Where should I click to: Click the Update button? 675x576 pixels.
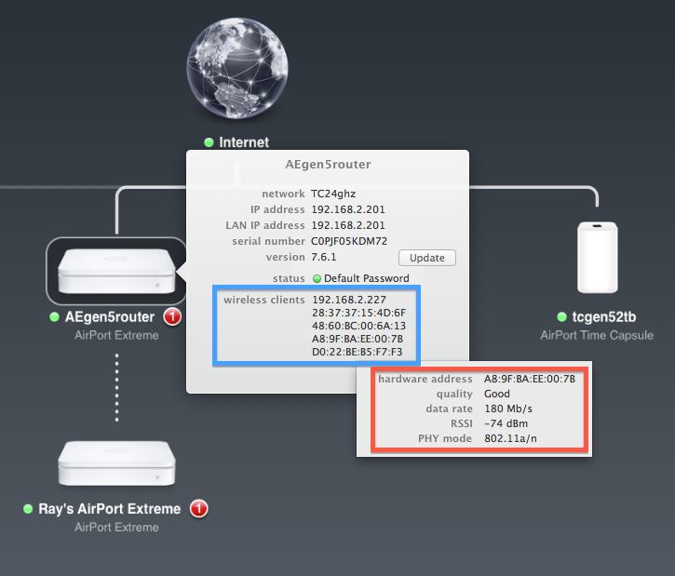[x=427, y=258]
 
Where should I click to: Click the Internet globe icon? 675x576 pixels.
[x=236, y=70]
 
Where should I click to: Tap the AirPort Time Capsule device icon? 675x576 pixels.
[x=597, y=258]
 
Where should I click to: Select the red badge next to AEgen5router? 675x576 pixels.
[x=172, y=317]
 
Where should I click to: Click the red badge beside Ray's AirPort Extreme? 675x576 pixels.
[x=198, y=509]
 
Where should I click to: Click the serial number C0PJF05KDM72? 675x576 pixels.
[x=349, y=241]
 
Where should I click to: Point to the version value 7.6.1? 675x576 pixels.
[x=324, y=257]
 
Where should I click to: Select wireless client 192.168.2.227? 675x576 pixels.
[x=348, y=300]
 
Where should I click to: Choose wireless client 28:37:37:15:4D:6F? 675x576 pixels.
[x=358, y=313]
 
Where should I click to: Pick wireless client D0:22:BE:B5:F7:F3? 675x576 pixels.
[x=358, y=353]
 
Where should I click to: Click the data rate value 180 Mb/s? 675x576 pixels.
[x=508, y=409]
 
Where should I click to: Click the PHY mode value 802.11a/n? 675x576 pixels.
[x=510, y=438]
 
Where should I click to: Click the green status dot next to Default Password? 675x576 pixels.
[x=317, y=278]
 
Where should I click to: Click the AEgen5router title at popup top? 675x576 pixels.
[x=328, y=165]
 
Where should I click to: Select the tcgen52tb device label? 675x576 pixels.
[x=603, y=317]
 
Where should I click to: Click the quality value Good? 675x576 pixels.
[x=497, y=394]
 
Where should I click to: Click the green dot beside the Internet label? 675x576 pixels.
[x=209, y=142]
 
